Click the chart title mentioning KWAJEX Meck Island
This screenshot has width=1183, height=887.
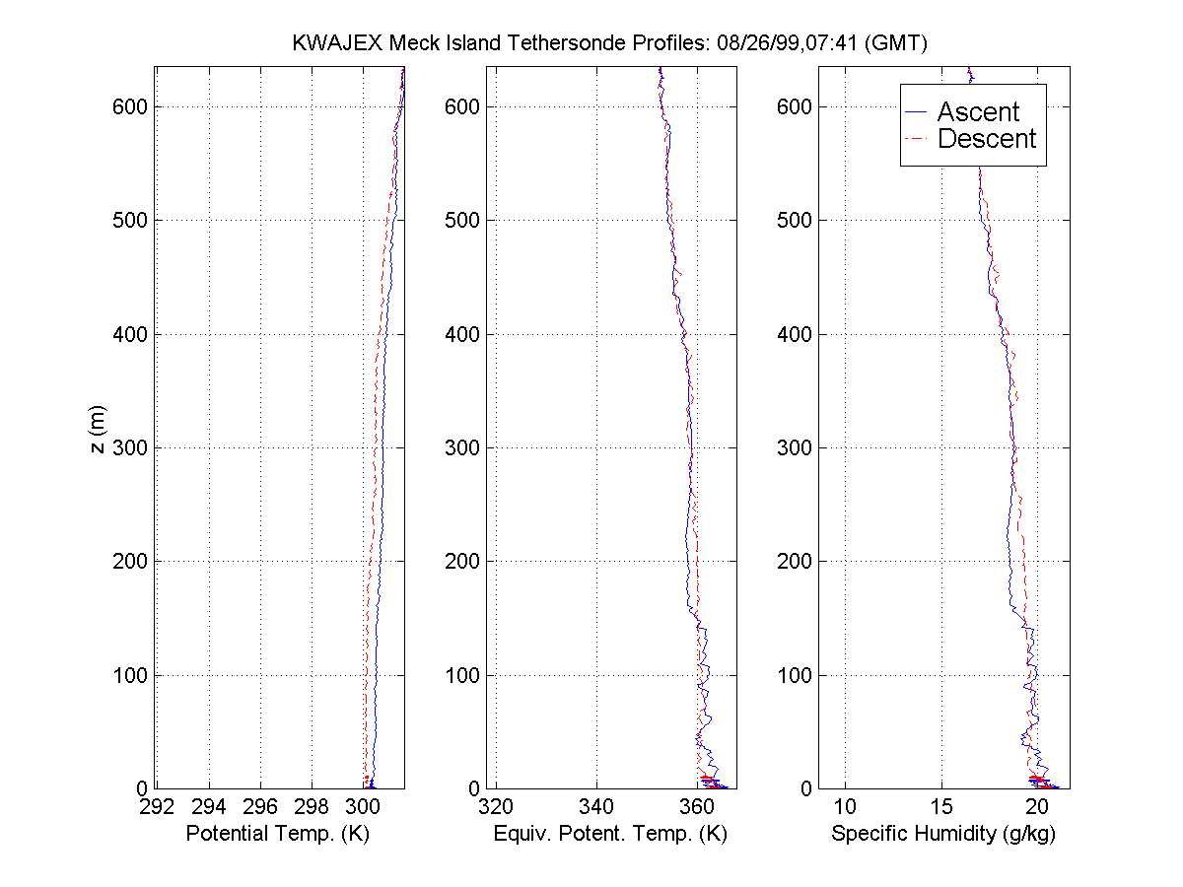point(610,42)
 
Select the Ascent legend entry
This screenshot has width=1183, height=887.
point(977,112)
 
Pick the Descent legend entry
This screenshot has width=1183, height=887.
point(986,139)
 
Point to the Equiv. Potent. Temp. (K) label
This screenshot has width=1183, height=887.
point(609,834)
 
